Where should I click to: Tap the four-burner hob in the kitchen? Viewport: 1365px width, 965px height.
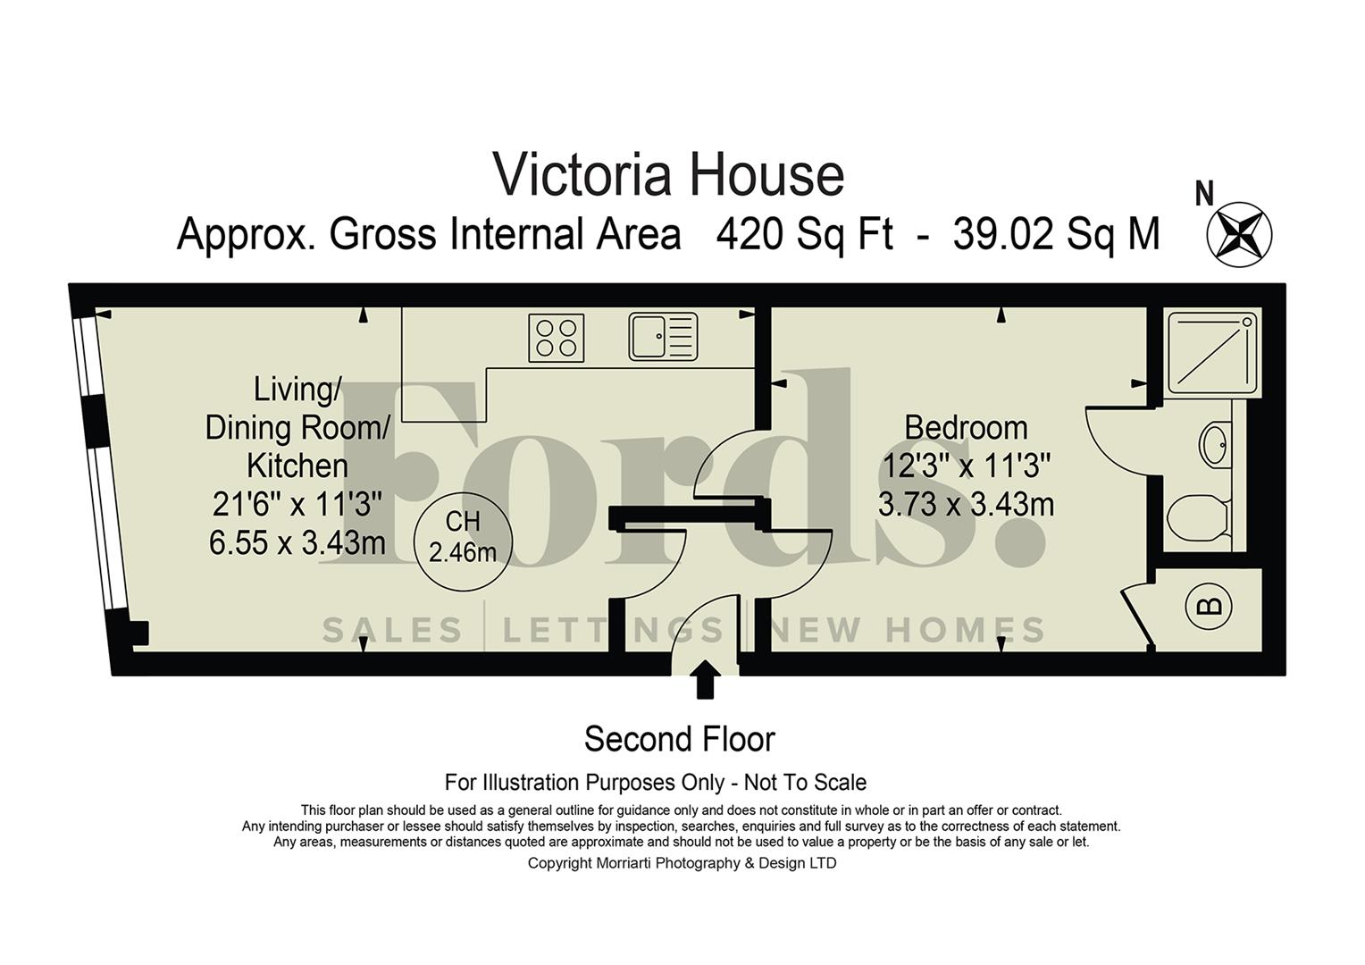pyautogui.click(x=556, y=338)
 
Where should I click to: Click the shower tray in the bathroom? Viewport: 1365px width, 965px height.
pyautogui.click(x=1212, y=351)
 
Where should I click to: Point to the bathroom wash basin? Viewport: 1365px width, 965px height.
pyautogui.click(x=1214, y=444)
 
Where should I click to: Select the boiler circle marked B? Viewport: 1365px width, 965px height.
pyautogui.click(x=1208, y=607)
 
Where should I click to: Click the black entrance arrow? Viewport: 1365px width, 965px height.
pyautogui.click(x=705, y=678)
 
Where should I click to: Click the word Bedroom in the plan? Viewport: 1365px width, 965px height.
pyautogui.click(x=966, y=427)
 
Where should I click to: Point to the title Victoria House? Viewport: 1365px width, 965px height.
pyautogui.click(x=668, y=175)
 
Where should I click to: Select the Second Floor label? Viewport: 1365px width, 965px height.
pyautogui.click(x=679, y=739)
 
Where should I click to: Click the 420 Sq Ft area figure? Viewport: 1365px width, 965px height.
pyautogui.click(x=804, y=235)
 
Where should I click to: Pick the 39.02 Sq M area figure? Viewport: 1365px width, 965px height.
pyautogui.click(x=1056, y=235)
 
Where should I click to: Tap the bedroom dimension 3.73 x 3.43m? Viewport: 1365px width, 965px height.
pyautogui.click(x=966, y=505)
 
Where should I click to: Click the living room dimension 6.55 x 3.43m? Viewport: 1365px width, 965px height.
pyautogui.click(x=297, y=542)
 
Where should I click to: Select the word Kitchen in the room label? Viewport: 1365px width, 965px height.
pyautogui.click(x=297, y=466)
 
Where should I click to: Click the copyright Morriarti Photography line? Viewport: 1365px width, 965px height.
pyautogui.click(x=682, y=863)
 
